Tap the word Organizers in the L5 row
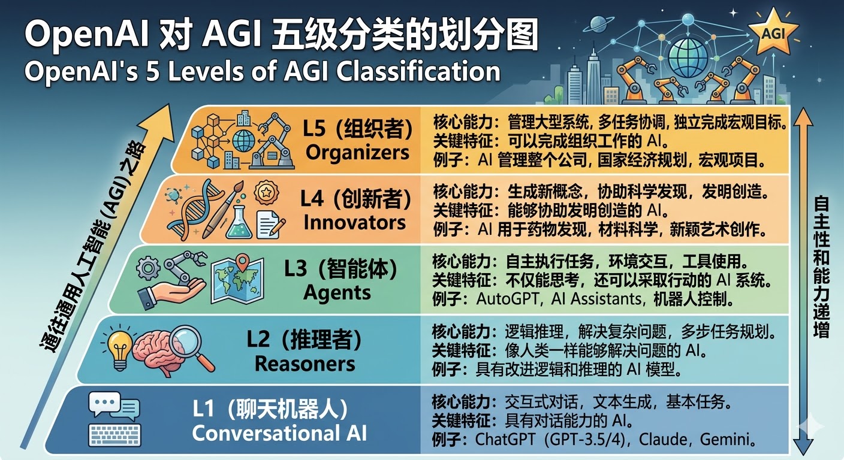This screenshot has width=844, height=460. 357,152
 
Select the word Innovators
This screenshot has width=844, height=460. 354,222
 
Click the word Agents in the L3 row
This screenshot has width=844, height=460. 337,293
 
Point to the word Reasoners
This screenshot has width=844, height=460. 305,364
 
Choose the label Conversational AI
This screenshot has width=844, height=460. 279,433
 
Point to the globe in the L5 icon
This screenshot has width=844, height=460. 243,141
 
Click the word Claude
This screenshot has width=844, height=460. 664,439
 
